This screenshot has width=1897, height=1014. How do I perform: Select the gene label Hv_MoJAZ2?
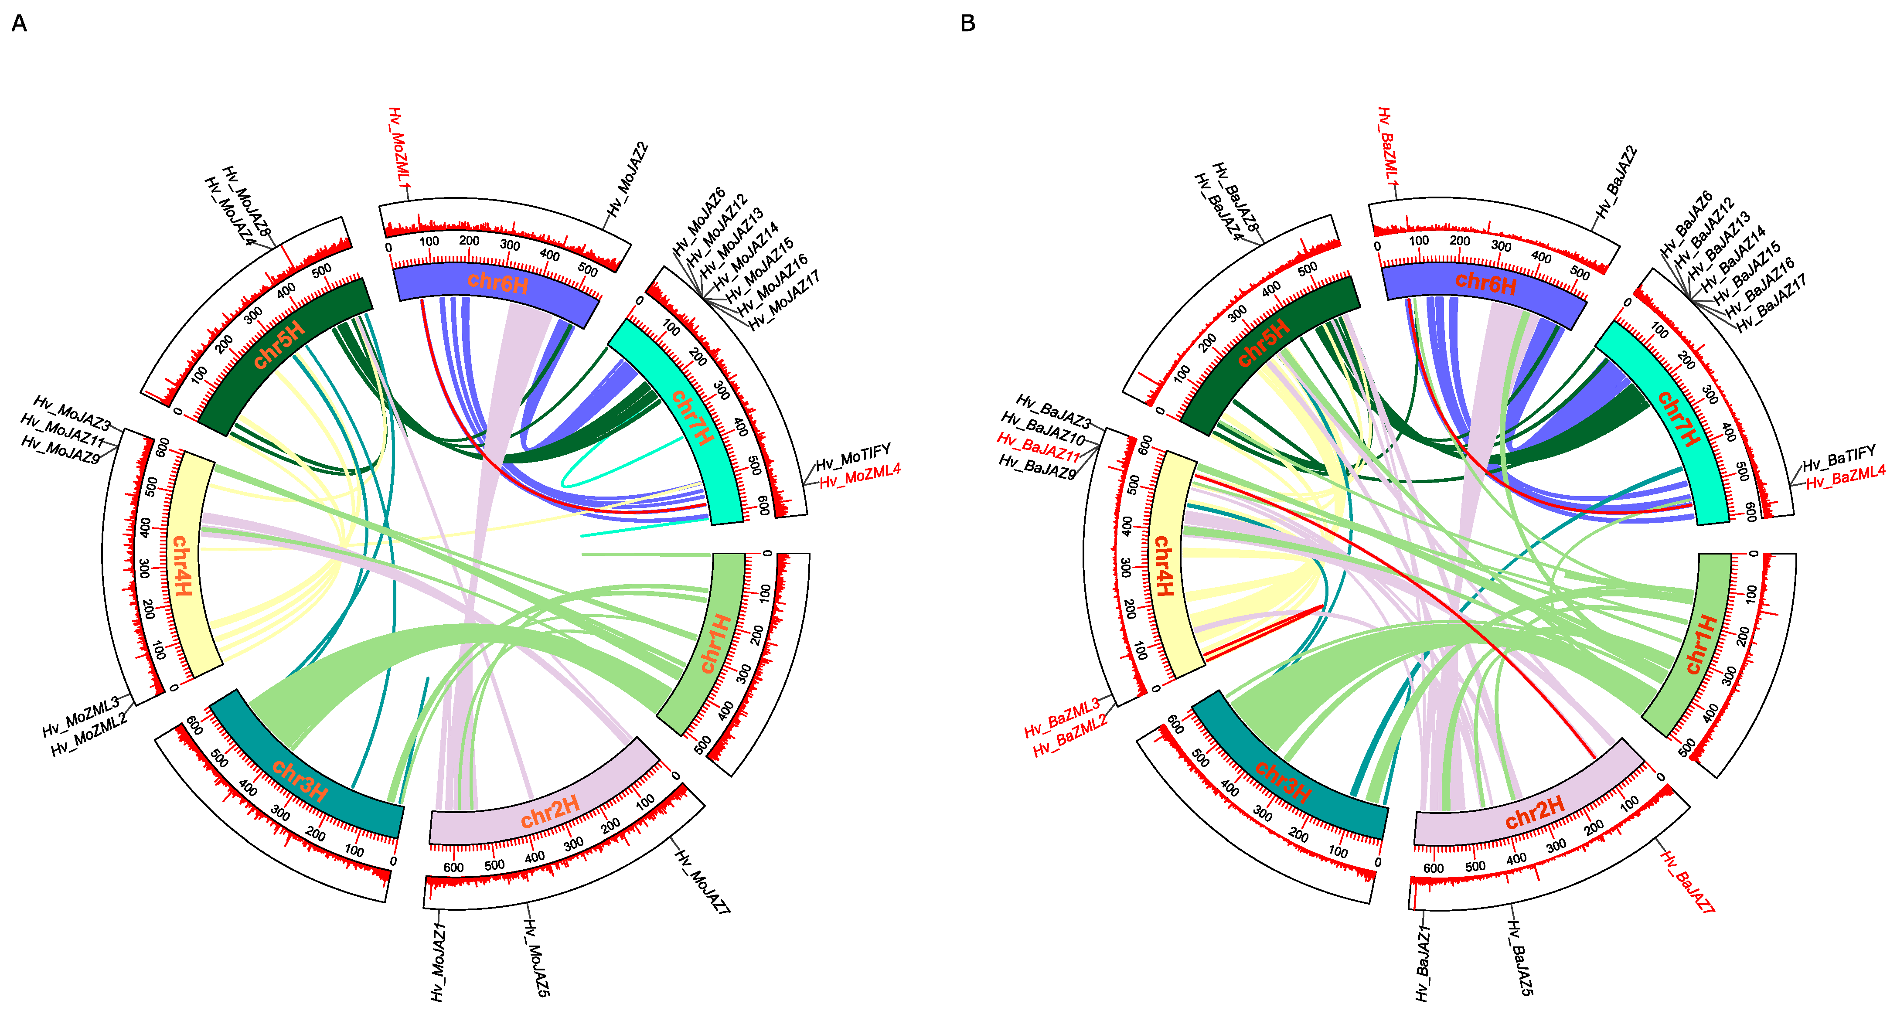pos(628,179)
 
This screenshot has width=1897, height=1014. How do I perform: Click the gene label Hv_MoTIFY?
pos(853,456)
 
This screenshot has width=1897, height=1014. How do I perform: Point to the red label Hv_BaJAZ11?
pos(1038,447)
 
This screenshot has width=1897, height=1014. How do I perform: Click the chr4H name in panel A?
pos(181,565)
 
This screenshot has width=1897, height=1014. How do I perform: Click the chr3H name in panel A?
pos(300,781)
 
